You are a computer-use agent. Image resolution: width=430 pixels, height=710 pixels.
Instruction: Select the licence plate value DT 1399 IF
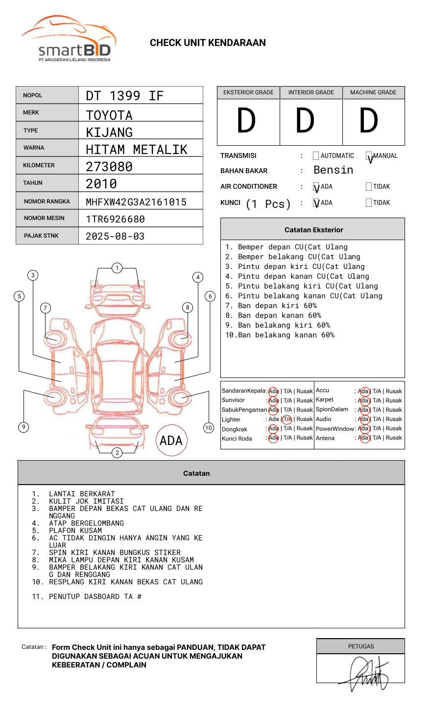[x=124, y=96]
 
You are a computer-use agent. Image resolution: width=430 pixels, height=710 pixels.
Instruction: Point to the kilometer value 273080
[x=109, y=167]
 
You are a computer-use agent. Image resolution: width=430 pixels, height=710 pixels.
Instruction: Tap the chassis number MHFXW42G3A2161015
[x=136, y=202]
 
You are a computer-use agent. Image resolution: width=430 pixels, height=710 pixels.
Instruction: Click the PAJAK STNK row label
[x=41, y=236]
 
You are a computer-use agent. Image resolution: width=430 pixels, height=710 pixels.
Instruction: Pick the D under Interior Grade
[x=305, y=120]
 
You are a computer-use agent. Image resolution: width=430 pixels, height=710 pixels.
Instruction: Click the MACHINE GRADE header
[x=373, y=92]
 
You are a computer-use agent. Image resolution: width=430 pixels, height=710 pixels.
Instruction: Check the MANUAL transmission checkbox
[x=369, y=155]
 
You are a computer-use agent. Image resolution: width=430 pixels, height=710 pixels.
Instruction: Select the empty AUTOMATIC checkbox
[x=316, y=155]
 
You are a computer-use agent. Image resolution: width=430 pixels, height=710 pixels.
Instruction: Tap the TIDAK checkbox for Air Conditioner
[x=369, y=186]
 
